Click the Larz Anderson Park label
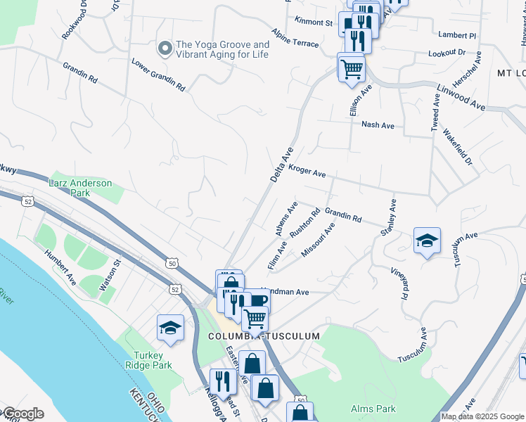click(80, 188)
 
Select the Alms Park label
click(373, 409)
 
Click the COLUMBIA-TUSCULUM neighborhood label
click(264, 336)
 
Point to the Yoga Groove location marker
click(165, 48)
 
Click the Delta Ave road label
click(281, 165)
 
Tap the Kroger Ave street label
click(307, 172)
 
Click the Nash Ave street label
click(378, 125)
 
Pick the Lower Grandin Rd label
click(158, 75)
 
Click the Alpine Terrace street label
click(295, 39)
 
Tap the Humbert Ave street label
click(60, 266)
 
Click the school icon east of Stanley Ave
click(427, 241)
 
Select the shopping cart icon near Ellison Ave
click(351, 68)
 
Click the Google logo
click(23, 414)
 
